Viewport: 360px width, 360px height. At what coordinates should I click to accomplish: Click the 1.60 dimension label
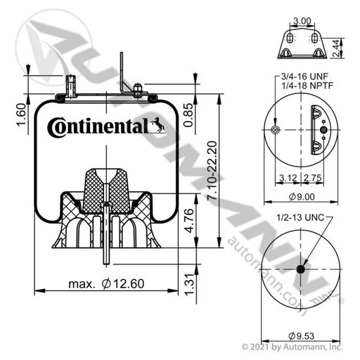[x=21, y=115]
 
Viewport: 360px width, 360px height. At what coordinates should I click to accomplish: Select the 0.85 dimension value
[x=188, y=115]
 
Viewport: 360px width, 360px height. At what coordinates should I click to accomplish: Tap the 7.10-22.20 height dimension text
[x=213, y=171]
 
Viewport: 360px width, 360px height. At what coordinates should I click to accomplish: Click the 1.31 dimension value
[x=190, y=284]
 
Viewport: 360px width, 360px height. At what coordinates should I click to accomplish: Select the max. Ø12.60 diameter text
[x=106, y=283]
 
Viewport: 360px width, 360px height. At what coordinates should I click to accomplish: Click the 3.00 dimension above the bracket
[x=302, y=21]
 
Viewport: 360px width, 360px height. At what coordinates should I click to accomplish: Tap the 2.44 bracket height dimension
[x=336, y=48]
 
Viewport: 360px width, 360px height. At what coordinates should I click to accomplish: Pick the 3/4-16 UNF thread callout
[x=304, y=77]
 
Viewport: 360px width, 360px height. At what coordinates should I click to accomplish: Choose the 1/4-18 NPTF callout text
[x=307, y=86]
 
